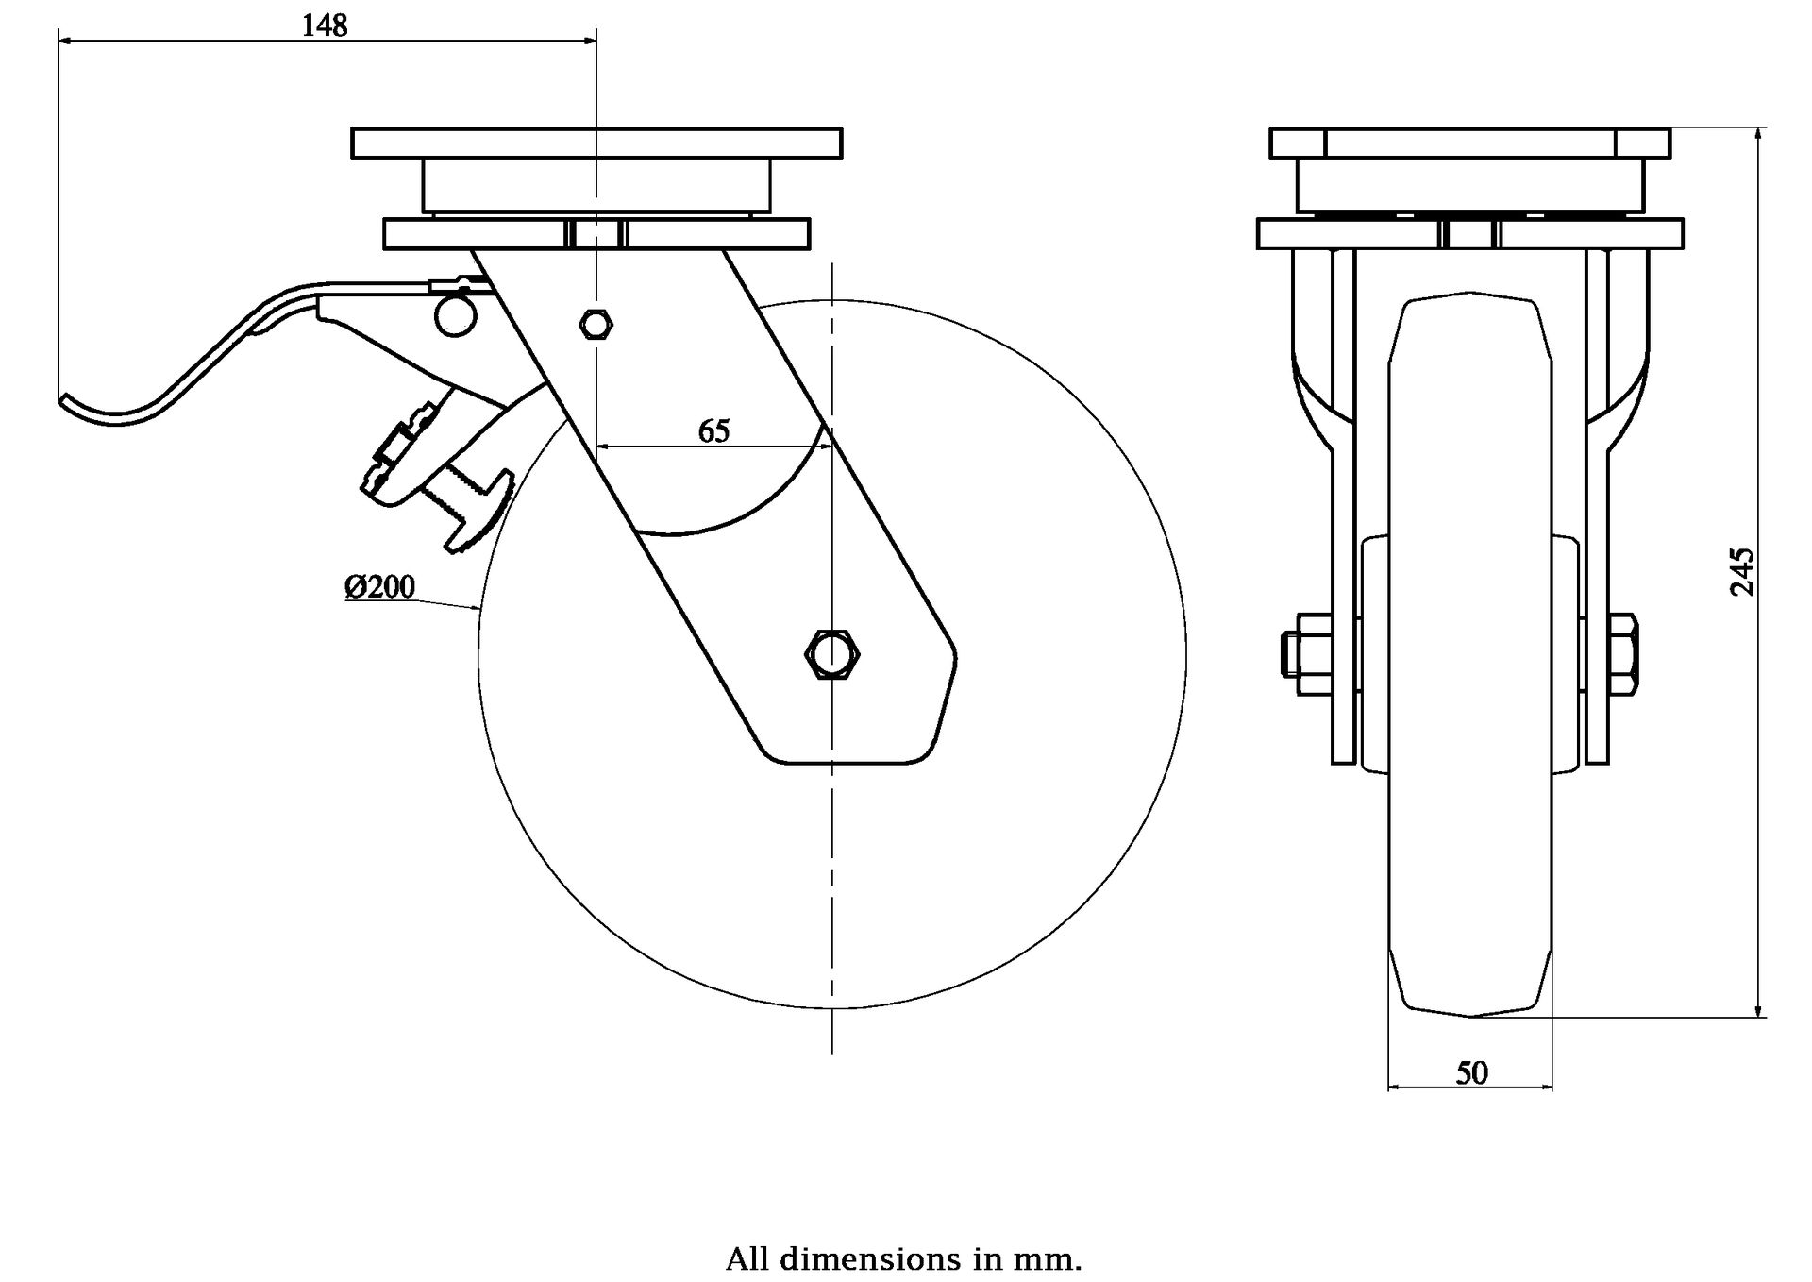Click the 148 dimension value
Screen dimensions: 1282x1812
325,25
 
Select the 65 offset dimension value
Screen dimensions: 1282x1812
713,430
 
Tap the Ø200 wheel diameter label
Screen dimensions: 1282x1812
379,587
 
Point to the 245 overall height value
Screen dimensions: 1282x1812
1742,571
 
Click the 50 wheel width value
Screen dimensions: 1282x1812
1471,1072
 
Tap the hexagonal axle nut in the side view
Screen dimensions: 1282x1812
830,652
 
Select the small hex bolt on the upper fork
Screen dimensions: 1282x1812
595,325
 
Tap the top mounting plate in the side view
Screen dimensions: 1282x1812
596,143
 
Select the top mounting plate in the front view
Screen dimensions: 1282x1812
1469,143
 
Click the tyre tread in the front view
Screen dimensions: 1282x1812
1470,661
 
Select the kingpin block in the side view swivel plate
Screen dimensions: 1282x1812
596,233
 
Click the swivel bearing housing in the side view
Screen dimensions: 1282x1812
596,185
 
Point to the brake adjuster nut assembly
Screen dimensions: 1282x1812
401,450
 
